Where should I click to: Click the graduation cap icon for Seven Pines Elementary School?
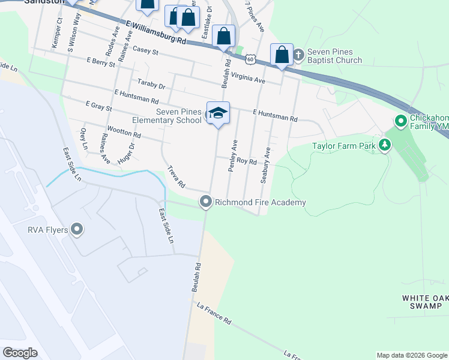(x=218, y=113)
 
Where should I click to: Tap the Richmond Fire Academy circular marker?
(x=206, y=202)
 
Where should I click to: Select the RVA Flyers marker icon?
(x=76, y=229)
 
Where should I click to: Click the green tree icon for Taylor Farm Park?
(x=384, y=145)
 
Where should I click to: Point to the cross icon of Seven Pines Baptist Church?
(x=299, y=55)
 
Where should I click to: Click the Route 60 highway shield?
(x=250, y=59)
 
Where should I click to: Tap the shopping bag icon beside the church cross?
(x=282, y=54)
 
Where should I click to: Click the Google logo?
(x=20, y=353)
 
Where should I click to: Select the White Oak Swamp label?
(x=426, y=302)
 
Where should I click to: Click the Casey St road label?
(x=145, y=52)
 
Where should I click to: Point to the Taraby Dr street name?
(x=151, y=82)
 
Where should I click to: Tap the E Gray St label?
(x=99, y=107)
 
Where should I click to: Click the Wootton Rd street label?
(x=124, y=130)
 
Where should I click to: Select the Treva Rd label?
(x=176, y=176)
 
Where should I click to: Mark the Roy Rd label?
(x=246, y=161)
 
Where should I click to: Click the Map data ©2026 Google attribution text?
(x=411, y=355)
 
